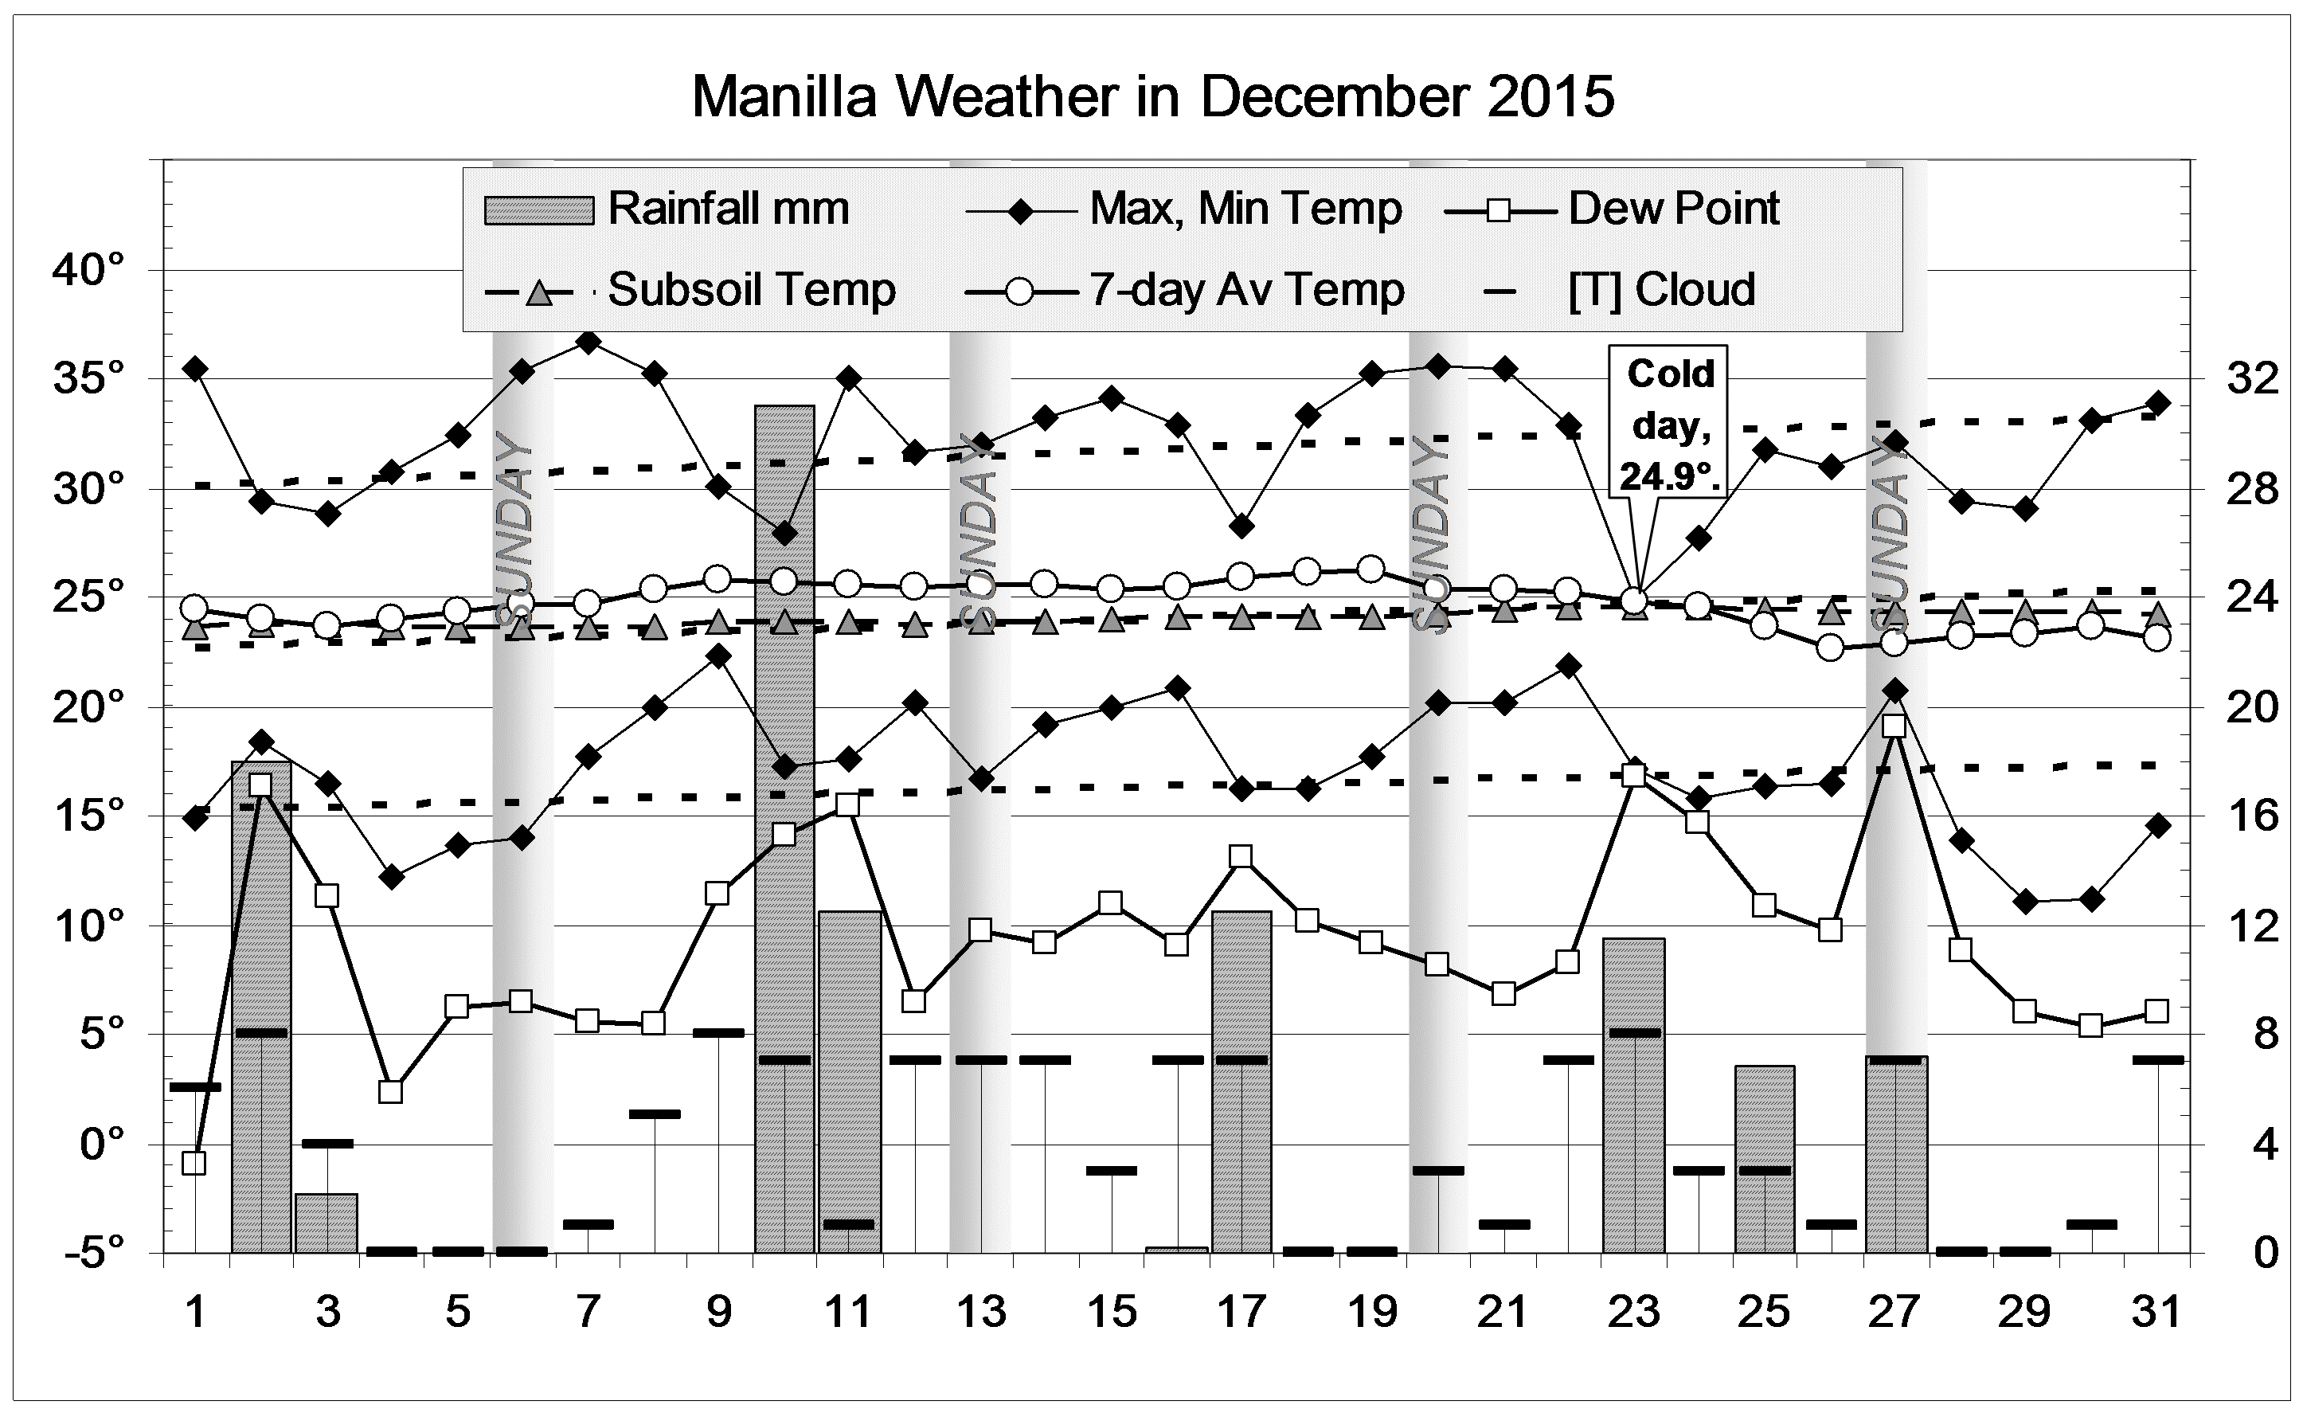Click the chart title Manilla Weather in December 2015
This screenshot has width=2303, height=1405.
[1151, 96]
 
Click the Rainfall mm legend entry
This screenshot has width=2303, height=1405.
[667, 209]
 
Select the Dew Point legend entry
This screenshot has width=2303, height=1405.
[1613, 209]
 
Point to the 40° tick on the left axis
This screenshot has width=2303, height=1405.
[89, 271]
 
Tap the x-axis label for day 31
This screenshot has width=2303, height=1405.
[2156, 1313]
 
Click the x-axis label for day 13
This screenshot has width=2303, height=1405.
[980, 1313]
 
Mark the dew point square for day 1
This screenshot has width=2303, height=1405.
[194, 1163]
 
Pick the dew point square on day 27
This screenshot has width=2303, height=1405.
[1894, 726]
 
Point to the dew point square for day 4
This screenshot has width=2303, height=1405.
[391, 1092]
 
